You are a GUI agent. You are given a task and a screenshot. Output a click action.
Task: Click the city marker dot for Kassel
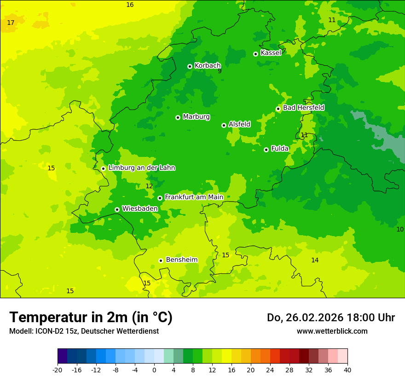click(x=255, y=54)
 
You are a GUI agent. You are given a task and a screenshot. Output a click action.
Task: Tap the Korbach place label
click(x=208, y=66)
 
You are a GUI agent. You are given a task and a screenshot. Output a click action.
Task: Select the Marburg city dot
click(x=178, y=117)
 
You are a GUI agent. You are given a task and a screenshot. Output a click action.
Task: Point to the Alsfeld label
click(x=239, y=124)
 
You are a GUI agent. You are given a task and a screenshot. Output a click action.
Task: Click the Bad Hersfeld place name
click(x=303, y=108)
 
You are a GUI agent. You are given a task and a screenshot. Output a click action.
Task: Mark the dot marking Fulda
click(x=266, y=150)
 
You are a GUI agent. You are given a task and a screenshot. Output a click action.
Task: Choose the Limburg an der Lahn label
click(x=141, y=168)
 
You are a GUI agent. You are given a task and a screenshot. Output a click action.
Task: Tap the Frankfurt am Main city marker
click(x=160, y=198)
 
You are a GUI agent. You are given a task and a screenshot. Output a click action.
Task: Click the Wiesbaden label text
click(x=139, y=208)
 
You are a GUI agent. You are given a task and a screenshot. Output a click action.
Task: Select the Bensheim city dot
click(x=161, y=260)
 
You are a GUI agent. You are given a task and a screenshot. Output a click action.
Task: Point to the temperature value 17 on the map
click(x=11, y=23)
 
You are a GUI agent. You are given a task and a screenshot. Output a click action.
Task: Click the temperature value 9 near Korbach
click(x=220, y=71)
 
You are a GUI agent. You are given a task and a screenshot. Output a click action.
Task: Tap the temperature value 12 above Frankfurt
click(x=149, y=186)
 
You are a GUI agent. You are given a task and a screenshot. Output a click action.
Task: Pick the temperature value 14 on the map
click(x=315, y=260)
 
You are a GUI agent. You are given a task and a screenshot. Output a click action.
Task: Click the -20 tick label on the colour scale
click(x=58, y=370)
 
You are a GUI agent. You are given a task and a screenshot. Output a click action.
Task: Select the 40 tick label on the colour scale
click(x=347, y=370)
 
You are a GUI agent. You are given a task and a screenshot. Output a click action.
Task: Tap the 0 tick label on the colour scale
click(x=154, y=370)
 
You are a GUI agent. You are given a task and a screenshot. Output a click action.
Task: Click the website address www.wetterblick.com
click(x=332, y=331)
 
